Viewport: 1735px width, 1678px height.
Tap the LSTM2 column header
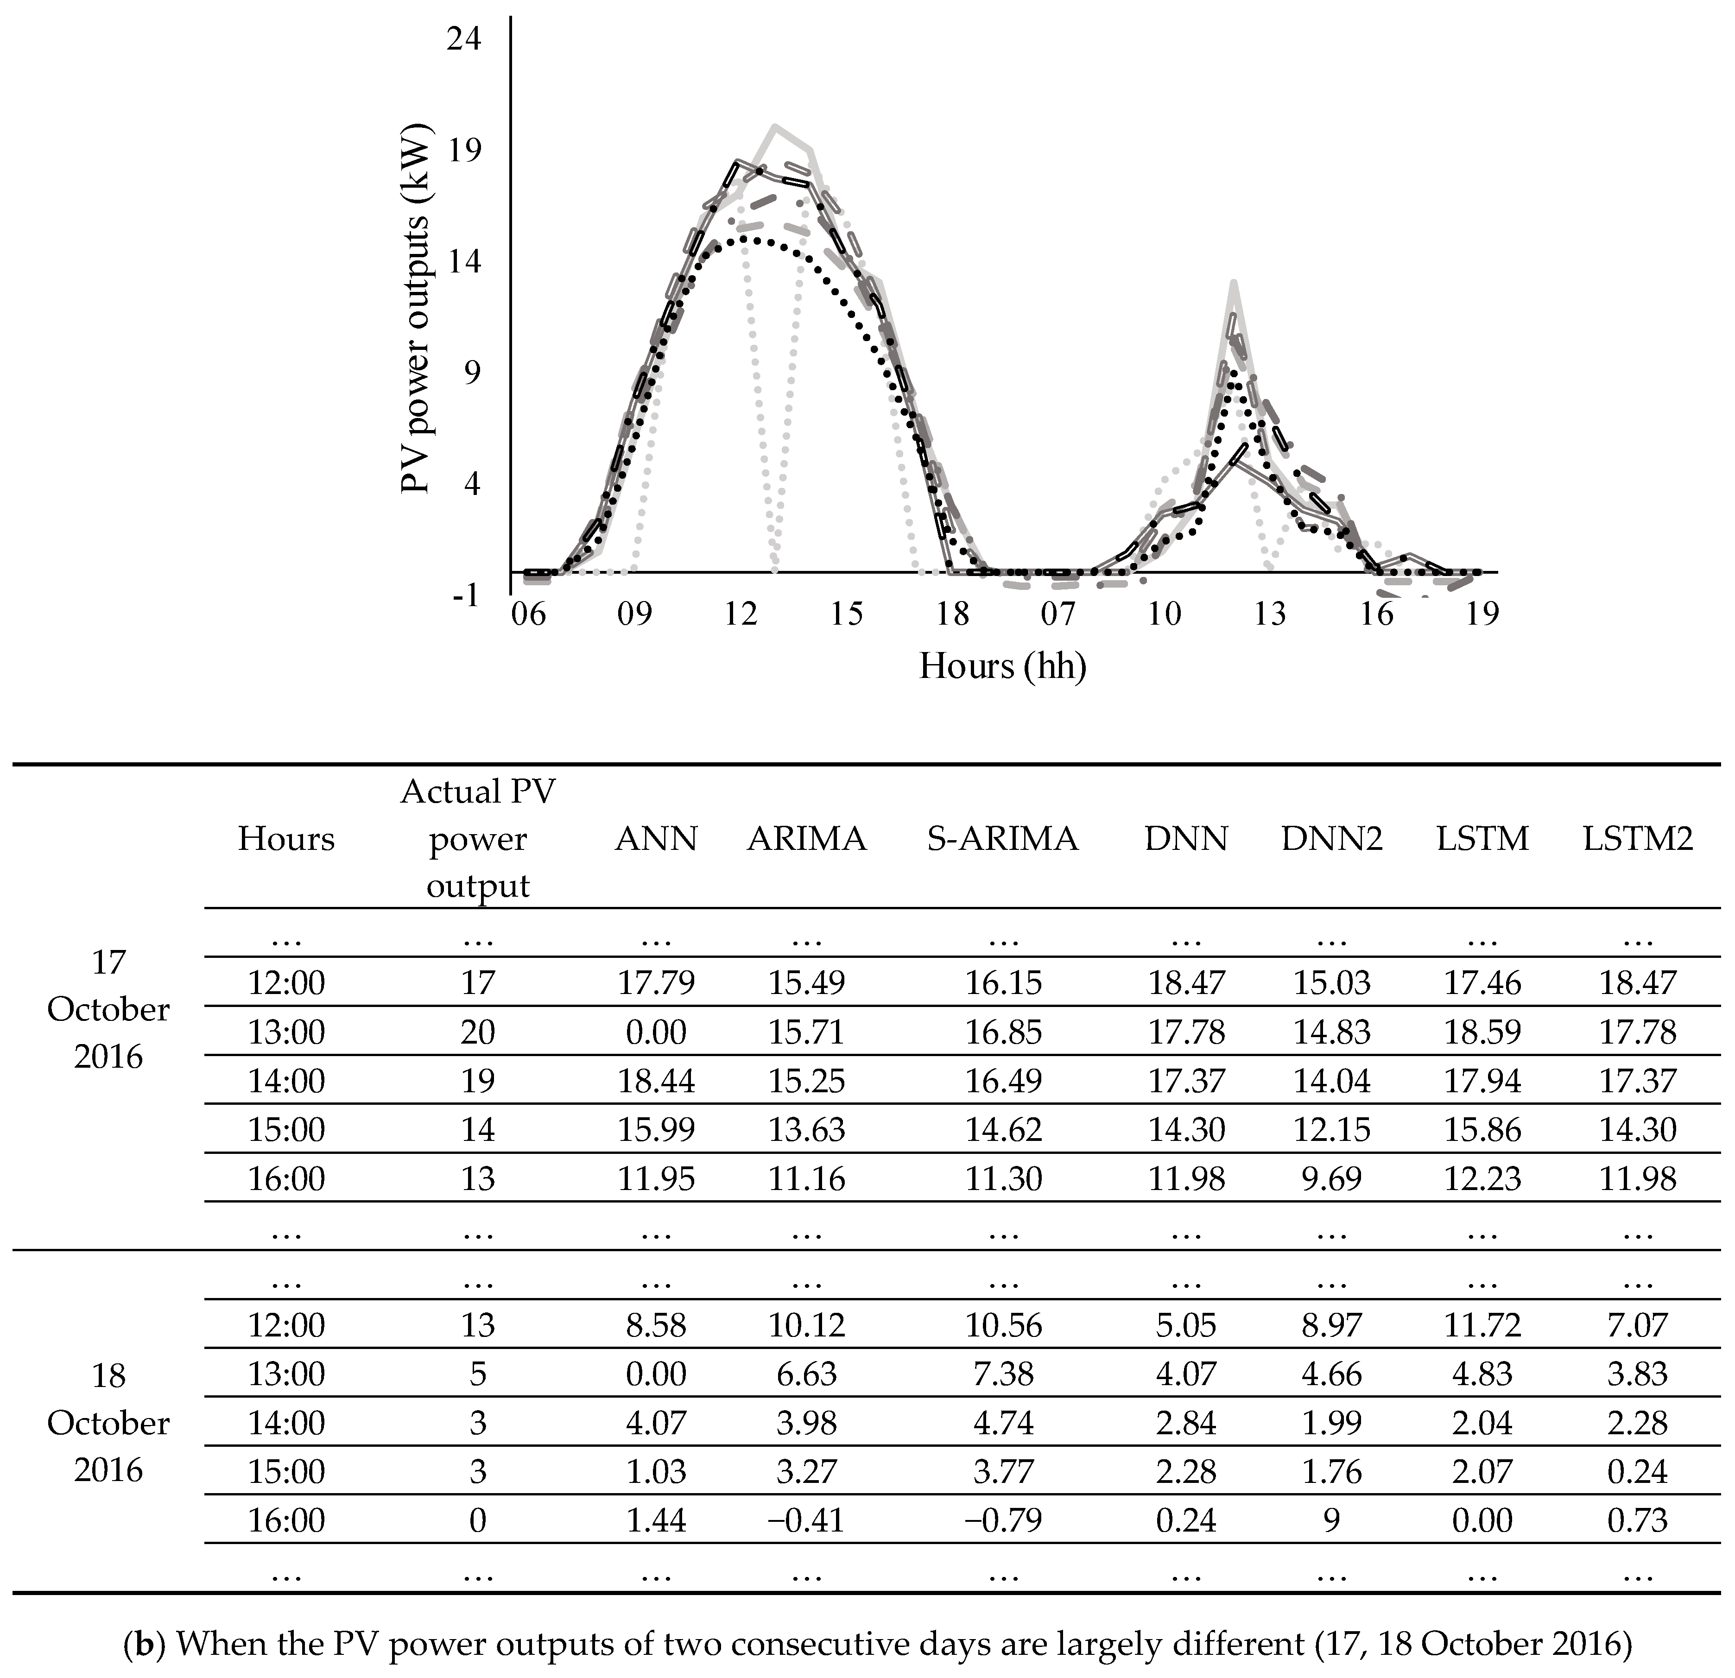click(1638, 838)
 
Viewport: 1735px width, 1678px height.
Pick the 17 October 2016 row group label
click(108, 1009)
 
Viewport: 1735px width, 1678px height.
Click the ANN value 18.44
click(656, 1081)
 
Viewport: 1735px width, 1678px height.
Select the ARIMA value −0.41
click(806, 1520)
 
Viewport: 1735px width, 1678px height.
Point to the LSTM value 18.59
click(1483, 1032)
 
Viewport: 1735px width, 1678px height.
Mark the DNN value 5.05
click(1186, 1325)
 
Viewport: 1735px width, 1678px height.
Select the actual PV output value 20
click(478, 1032)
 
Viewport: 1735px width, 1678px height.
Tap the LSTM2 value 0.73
click(1638, 1520)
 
